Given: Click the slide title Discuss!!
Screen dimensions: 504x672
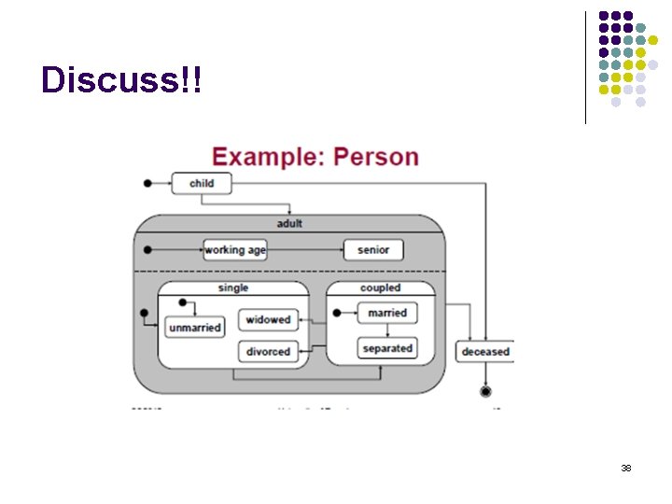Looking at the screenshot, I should pyautogui.click(x=121, y=80).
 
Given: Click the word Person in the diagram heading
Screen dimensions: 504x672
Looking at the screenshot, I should pyautogui.click(x=376, y=156).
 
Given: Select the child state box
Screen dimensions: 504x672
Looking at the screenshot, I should pyautogui.click(x=201, y=183).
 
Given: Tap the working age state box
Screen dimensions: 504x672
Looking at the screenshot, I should pyautogui.click(x=235, y=249).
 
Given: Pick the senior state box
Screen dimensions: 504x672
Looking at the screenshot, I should pyautogui.click(x=373, y=249).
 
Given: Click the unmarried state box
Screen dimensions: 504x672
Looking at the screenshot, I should pyautogui.click(x=195, y=328).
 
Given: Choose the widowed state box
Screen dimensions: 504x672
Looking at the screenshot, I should pyautogui.click(x=268, y=320).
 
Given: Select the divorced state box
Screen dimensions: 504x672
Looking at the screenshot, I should pyautogui.click(x=268, y=352).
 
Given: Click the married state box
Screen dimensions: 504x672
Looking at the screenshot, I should pyautogui.click(x=387, y=313).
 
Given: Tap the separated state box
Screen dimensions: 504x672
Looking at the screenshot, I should pyautogui.click(x=387, y=348).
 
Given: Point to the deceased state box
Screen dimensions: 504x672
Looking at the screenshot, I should pyautogui.click(x=485, y=351).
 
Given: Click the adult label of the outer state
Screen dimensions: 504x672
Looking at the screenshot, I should pyautogui.click(x=289, y=224).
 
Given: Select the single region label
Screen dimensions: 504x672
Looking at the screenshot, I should pyautogui.click(x=233, y=288).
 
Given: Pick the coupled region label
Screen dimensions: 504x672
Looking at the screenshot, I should pyautogui.click(x=381, y=288).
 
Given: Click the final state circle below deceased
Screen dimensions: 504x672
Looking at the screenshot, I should pyautogui.click(x=485, y=391).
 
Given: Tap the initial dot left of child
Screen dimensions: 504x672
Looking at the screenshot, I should pyautogui.click(x=147, y=183).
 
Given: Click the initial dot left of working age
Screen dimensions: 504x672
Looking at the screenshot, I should pyautogui.click(x=147, y=249).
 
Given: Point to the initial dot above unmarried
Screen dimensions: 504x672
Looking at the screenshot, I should pyautogui.click(x=183, y=302).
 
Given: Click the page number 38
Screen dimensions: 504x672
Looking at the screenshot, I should pyautogui.click(x=626, y=468).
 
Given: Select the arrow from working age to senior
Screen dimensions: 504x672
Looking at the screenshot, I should pyautogui.click(x=304, y=249).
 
